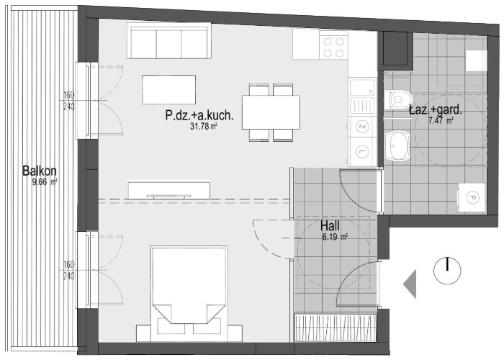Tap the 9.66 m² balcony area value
(x=45, y=182)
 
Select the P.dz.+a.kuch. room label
(x=199, y=115)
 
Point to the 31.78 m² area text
(x=204, y=126)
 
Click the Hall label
(x=330, y=226)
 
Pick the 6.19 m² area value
(x=335, y=237)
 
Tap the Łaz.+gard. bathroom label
(x=435, y=111)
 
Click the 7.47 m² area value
(x=441, y=121)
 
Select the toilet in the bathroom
(x=398, y=99)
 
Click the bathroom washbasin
(x=397, y=145)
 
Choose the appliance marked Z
(x=363, y=127)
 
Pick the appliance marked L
(x=363, y=150)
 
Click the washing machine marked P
(x=472, y=197)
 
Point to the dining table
(x=271, y=112)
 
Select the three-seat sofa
(x=168, y=40)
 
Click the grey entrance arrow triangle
(x=410, y=284)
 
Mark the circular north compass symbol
(x=447, y=270)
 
